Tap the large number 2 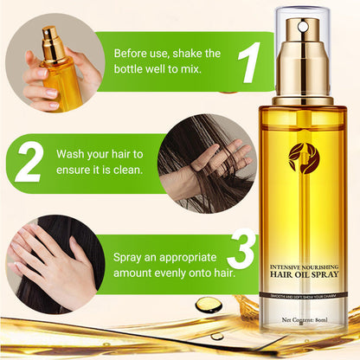(29, 161)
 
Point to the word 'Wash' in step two (73, 153)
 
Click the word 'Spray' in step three (131, 257)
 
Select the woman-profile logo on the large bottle (304, 157)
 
